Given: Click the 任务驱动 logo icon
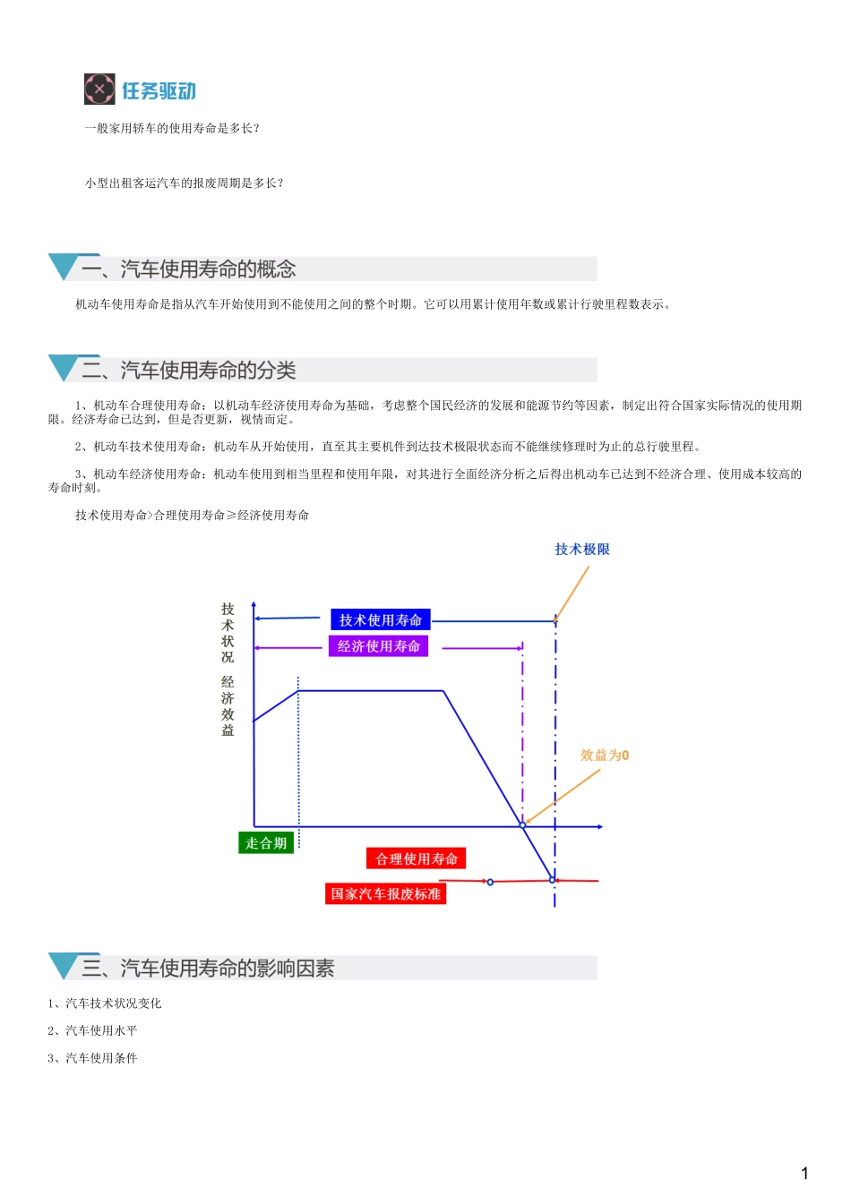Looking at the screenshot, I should click(99, 90).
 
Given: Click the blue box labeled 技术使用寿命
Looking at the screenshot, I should click(381, 620).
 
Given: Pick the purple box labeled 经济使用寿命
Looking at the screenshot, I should click(379, 646).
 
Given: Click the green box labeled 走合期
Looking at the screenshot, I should click(266, 843).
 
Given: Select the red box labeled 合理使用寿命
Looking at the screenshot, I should click(417, 859).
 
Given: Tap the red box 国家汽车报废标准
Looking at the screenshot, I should click(385, 894).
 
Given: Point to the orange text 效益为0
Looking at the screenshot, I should click(605, 756).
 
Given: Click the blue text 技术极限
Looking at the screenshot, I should click(582, 550).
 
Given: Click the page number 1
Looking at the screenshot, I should click(804, 1174).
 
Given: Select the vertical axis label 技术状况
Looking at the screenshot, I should click(228, 633).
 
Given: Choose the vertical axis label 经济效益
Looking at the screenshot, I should click(228, 706).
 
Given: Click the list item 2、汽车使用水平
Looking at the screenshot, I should click(92, 1031).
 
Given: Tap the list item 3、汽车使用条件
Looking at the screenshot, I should click(92, 1058).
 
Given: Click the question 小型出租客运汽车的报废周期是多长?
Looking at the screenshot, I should click(185, 184).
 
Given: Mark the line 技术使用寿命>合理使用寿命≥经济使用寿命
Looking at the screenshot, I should click(193, 516).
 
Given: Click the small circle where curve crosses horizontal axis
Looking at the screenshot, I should click(523, 825).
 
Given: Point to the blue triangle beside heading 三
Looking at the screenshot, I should click(63, 966).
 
